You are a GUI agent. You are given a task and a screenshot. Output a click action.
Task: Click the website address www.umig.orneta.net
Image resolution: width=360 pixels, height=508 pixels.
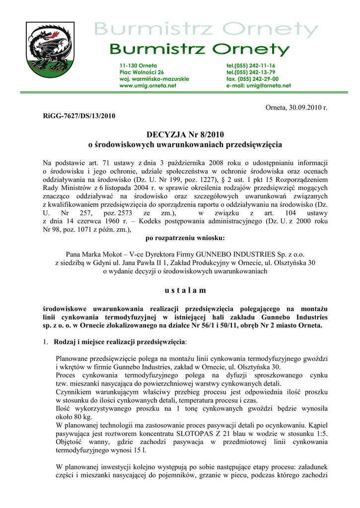tap(148, 86)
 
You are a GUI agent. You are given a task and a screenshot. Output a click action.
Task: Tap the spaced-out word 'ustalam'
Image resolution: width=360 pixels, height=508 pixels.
tap(181, 290)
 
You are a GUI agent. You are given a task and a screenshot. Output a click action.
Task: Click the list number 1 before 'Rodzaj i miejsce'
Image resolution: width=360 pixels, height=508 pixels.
tap(45, 342)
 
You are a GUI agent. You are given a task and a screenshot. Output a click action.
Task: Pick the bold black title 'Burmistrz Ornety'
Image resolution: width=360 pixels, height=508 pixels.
tap(199, 50)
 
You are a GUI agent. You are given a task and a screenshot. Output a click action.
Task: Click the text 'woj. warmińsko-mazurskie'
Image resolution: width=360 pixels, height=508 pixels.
tap(154, 79)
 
